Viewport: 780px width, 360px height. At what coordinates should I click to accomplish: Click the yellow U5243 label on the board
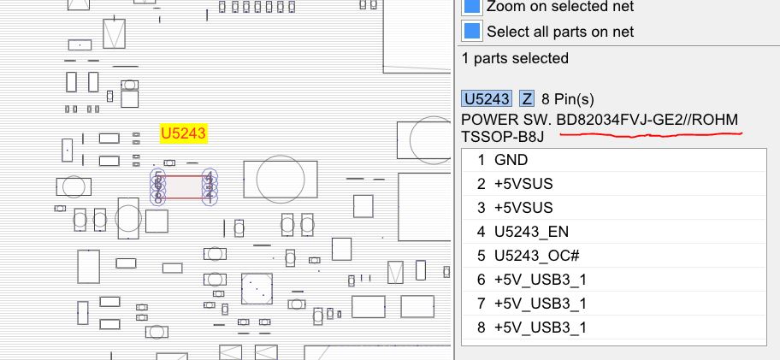pos(184,133)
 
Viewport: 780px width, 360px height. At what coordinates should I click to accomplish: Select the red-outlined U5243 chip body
pos(184,187)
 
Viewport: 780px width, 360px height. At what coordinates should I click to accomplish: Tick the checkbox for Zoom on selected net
pos(472,7)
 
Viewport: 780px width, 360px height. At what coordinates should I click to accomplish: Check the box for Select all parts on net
pos(472,32)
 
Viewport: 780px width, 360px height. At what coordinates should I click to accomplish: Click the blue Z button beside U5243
pos(527,98)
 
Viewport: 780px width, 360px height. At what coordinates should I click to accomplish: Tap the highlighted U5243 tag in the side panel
pos(487,98)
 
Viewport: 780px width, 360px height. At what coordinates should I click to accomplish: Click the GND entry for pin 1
pos(511,160)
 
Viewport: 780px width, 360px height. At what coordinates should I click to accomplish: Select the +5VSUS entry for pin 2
pos(523,184)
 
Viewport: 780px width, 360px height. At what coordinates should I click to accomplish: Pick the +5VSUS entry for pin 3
pos(523,208)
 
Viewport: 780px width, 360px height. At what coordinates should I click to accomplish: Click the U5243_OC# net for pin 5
pos(535,256)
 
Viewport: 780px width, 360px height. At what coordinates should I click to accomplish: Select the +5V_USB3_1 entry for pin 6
pos(541,280)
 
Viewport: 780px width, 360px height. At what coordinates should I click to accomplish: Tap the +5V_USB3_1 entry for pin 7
pos(541,304)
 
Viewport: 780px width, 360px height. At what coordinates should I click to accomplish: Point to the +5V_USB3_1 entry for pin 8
pos(541,328)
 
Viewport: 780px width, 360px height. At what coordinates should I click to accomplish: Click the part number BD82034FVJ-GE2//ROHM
pos(647,119)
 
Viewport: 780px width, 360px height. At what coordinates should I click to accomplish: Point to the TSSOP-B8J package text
pos(501,137)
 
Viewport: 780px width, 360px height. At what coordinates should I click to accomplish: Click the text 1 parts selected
pos(514,59)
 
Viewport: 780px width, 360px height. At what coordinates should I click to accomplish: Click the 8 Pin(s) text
pos(568,98)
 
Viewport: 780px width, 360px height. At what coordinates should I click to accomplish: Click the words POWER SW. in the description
pos(505,119)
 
